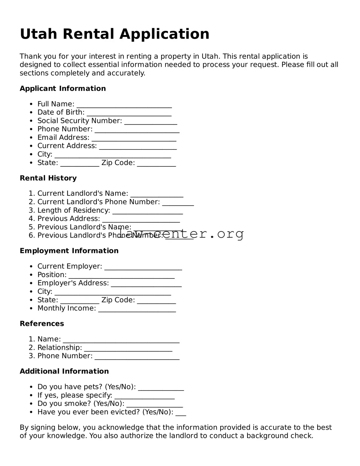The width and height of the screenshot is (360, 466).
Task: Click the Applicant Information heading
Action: [x=63, y=88]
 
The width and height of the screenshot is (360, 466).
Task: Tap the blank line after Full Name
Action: [x=124, y=105]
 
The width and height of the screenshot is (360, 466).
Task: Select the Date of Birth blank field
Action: [x=129, y=114]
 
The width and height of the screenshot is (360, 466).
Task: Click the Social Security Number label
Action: [x=80, y=121]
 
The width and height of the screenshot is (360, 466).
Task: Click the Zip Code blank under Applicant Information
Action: [x=156, y=164]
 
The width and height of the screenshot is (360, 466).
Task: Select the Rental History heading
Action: [x=48, y=178]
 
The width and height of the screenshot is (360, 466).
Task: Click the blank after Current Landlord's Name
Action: [x=157, y=195]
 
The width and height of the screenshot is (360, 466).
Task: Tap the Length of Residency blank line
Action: [x=148, y=212]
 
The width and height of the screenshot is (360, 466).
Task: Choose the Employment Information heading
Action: [x=69, y=251]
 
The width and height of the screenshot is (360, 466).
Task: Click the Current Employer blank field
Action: [x=143, y=268]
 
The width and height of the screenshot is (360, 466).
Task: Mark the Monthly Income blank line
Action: [x=137, y=310]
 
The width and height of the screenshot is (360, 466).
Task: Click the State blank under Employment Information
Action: [x=80, y=301]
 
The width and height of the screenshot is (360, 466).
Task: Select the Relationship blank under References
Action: [x=128, y=349]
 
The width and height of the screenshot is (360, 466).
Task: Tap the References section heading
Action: [x=42, y=324]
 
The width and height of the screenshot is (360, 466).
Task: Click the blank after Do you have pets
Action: [x=161, y=388]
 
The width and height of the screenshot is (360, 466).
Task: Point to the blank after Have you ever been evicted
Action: [x=181, y=413]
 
